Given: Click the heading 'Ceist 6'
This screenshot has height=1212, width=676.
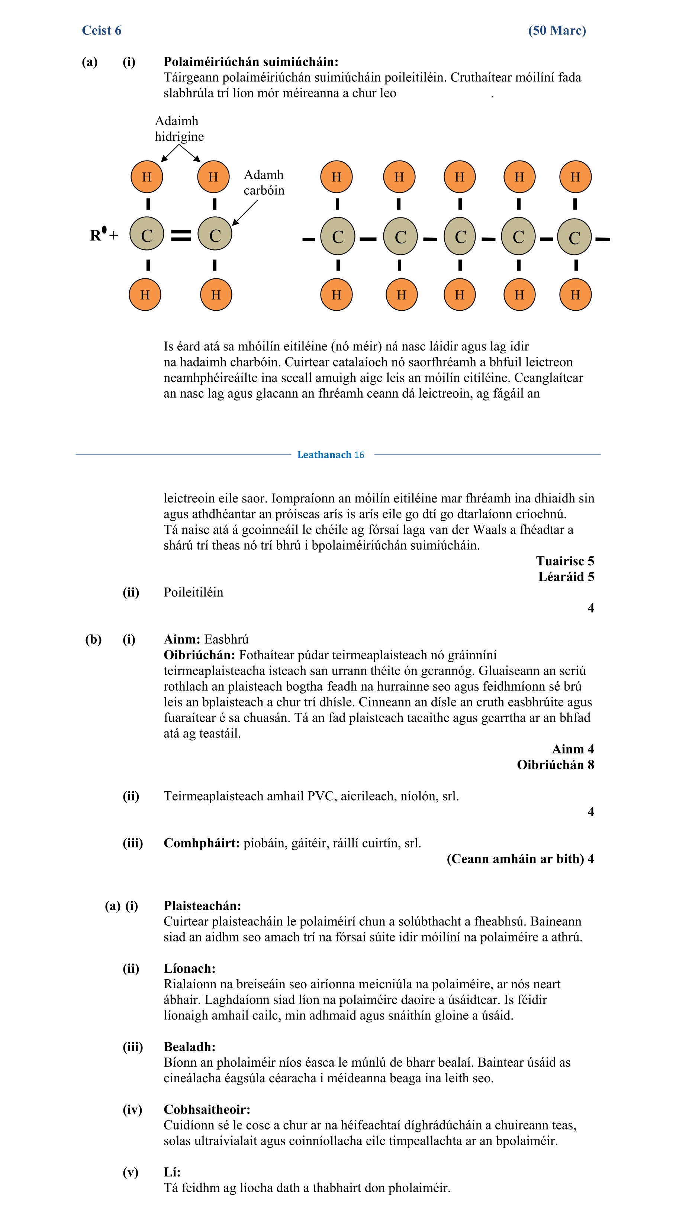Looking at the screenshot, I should (x=101, y=30).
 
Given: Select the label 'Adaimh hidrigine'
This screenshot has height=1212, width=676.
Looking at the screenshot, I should (x=179, y=129).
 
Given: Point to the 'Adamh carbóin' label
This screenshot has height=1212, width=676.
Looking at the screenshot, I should (x=264, y=182).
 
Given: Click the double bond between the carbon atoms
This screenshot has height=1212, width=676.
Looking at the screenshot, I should (x=181, y=235).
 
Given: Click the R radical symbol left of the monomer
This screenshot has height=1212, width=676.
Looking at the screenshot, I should (x=97, y=234).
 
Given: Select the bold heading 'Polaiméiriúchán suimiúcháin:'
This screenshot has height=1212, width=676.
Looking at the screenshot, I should (x=251, y=62).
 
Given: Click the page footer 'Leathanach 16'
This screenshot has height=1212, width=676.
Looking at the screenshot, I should (x=331, y=455).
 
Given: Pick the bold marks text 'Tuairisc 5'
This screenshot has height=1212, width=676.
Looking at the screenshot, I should (x=564, y=561).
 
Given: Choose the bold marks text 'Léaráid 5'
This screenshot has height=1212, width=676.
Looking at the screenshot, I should (x=566, y=576).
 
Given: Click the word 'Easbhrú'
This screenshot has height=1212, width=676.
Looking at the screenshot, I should (x=226, y=639).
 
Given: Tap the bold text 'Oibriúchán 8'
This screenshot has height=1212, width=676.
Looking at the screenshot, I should (x=555, y=765).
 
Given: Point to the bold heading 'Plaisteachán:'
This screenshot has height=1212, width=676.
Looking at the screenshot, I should (x=202, y=906).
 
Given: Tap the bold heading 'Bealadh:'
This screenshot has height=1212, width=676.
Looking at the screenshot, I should (x=189, y=1047).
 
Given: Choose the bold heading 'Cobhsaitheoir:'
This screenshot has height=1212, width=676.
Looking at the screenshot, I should (x=207, y=1109).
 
